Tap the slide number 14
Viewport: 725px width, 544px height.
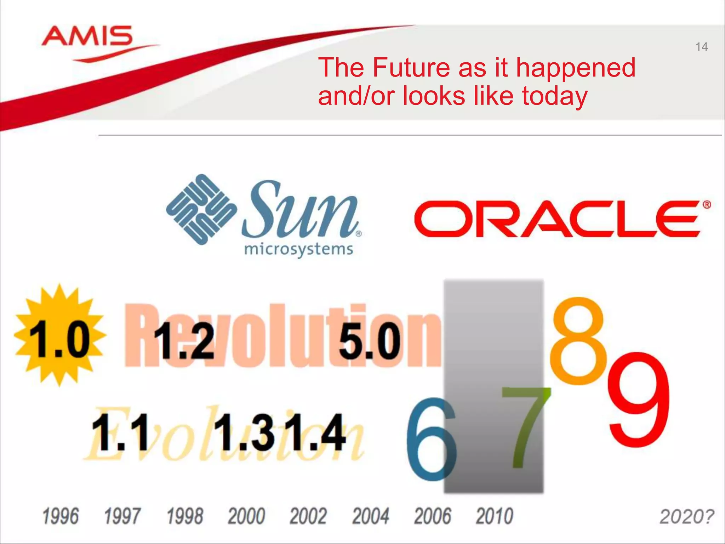pos(701,47)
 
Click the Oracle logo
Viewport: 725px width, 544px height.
pos(559,219)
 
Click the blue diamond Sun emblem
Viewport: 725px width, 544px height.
pos(201,209)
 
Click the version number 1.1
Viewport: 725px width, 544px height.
pos(120,433)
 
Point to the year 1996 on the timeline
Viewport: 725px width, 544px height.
pos(60,516)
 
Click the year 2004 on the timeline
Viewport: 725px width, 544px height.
pos(370,516)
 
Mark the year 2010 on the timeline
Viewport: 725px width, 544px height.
pos(494,516)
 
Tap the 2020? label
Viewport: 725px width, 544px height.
pos(686,516)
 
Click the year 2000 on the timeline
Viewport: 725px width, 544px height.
pos(246,516)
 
